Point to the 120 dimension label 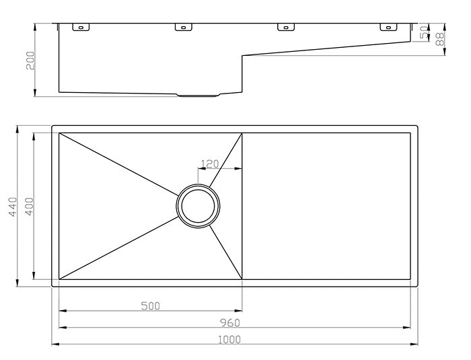tap(211, 164)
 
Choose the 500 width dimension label tap(151, 306)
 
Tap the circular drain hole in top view tap(198, 205)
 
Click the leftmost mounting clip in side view tap(80, 28)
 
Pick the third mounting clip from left tap(286, 28)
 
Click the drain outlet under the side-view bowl tap(198, 95)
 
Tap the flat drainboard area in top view tap(326, 205)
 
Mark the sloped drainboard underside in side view tap(326, 48)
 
